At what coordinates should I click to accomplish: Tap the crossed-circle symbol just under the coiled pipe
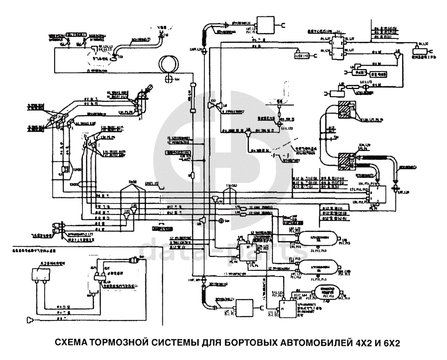point(168,79)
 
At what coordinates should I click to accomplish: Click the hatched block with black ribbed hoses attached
point(347,161)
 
